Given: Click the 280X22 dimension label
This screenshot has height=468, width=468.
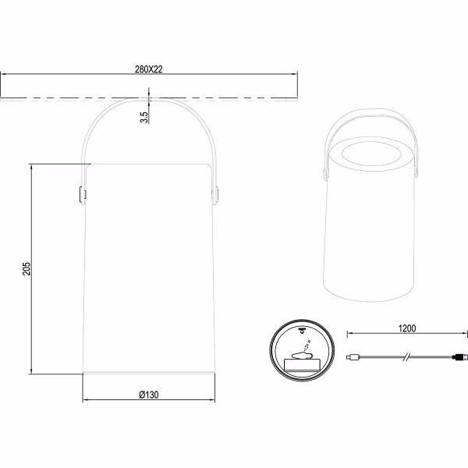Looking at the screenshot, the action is pos(149,69).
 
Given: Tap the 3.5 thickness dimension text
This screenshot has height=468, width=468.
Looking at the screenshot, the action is pos(144,117).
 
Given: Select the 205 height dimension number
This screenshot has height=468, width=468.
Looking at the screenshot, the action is pos(27,268).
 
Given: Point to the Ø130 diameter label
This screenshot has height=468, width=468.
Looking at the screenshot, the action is pos(149,395).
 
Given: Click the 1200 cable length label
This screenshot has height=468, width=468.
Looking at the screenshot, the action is pos(407,328).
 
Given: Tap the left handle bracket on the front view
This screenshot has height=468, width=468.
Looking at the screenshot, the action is pos(82,195).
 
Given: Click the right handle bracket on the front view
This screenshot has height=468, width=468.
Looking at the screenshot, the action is pos(215,195).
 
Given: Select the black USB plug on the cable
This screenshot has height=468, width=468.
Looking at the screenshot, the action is pos(459,356).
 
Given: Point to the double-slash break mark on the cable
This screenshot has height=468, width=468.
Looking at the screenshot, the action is pos(407,356).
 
